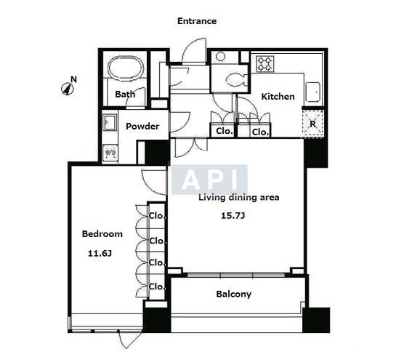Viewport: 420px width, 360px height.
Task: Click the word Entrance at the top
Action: click(197, 21)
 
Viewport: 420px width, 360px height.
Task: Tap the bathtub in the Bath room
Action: click(126, 68)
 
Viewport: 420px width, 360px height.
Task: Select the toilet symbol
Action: click(236, 80)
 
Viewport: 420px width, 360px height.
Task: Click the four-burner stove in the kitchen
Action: click(265, 64)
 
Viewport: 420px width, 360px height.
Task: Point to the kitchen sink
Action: click(313, 92)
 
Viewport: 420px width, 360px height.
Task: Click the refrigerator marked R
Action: click(312, 124)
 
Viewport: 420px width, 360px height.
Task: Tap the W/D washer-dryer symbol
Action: click(110, 153)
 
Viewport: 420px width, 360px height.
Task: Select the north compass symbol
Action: click(68, 87)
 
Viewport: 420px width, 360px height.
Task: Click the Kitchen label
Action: click(278, 97)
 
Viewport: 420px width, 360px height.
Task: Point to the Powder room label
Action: click(142, 127)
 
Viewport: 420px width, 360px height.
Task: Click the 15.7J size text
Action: click(233, 216)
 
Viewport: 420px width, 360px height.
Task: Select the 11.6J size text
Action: click(100, 253)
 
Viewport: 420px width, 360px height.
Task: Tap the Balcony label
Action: click(233, 294)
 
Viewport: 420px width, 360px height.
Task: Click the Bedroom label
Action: click(102, 234)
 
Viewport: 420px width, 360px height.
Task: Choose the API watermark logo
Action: click(209, 180)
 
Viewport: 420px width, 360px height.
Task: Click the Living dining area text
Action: click(238, 198)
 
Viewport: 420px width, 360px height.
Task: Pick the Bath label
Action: click(125, 94)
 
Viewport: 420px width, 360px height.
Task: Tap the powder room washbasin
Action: click(110, 122)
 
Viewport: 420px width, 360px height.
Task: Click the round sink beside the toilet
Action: click(220, 57)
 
